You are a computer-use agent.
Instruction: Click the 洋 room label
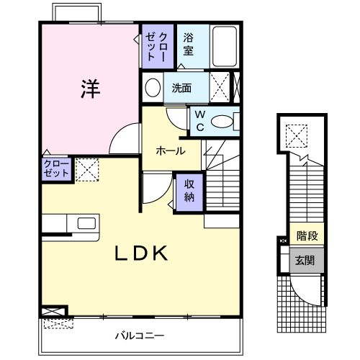pos(89,89)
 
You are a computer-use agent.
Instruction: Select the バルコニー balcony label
pos(140,336)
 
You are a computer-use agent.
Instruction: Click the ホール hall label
pos(171,151)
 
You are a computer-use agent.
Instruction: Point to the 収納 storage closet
pos(189,190)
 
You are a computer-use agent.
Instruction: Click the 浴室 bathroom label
pos(189,44)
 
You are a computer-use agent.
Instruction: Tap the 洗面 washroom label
pos(181,89)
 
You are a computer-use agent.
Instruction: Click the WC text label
pos(198,121)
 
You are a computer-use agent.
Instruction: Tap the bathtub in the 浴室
pos(225,47)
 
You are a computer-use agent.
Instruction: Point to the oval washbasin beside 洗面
pos(153,89)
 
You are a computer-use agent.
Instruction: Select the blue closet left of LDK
pos(55,170)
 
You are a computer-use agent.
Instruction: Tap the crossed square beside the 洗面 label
pos(222,88)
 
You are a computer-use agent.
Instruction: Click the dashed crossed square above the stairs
pos(295,134)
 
